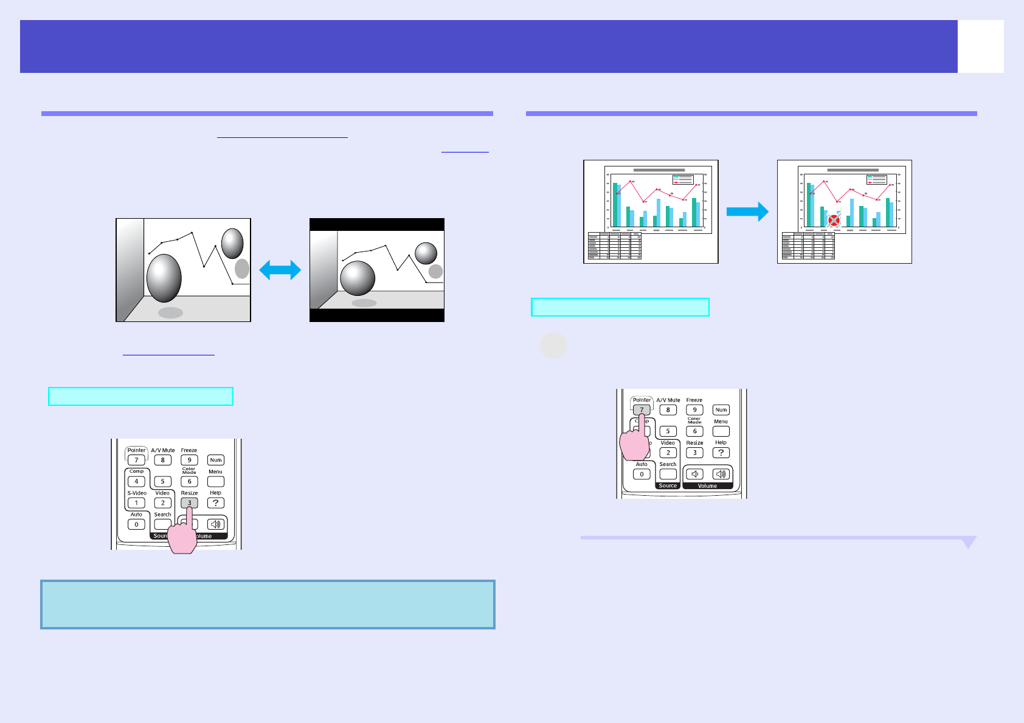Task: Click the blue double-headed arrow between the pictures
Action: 280,270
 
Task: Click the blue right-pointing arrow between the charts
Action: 747,211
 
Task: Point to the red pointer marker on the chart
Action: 834,221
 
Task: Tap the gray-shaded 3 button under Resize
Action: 189,503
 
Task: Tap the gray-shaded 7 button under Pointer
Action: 642,409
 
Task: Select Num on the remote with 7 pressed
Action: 721,410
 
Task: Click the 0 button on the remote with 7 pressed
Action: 642,475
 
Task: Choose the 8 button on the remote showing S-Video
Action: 162,461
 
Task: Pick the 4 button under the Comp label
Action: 136,482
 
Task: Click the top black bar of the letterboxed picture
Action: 377,224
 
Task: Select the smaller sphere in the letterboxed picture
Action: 426,253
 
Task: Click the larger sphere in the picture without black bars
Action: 164,278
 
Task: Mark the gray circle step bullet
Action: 553,346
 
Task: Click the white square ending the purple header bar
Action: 980,47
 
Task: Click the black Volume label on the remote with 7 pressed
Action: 707,486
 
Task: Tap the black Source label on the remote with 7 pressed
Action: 668,486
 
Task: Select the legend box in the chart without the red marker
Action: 683,179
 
